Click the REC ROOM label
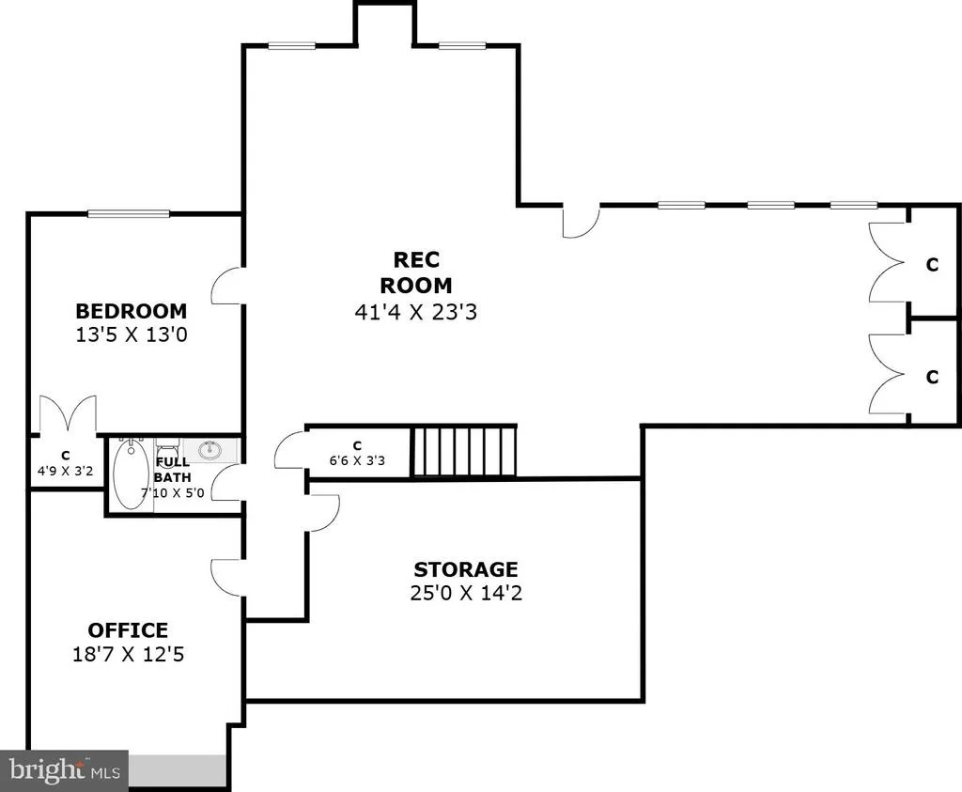click(416, 272)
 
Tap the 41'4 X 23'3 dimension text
click(416, 312)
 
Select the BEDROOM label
click(132, 311)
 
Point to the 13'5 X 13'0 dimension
click(132, 335)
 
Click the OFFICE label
click(128, 630)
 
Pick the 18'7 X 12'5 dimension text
click(128, 654)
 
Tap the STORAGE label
click(466, 569)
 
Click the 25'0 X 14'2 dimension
click(466, 593)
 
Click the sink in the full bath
click(211, 450)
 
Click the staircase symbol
click(464, 452)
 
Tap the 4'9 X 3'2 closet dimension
click(66, 471)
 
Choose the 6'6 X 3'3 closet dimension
click(357, 460)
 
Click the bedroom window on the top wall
click(129, 214)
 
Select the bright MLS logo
click(65, 769)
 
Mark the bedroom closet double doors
click(68, 414)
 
